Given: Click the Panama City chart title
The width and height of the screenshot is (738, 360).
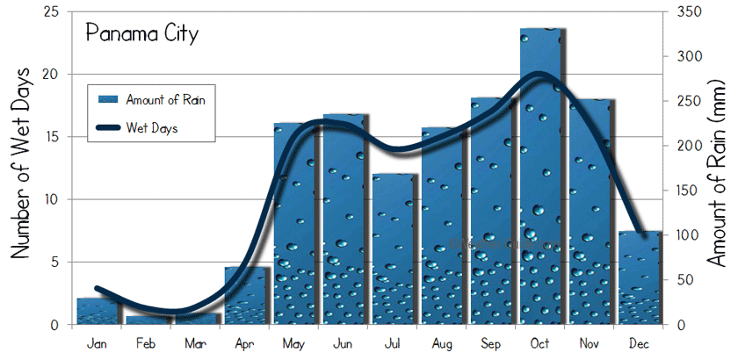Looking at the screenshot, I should [141, 34].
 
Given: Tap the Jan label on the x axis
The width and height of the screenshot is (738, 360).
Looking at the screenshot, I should [98, 342].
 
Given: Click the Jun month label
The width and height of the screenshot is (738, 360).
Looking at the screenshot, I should [344, 342].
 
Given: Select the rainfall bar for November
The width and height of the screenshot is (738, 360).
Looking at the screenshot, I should [590, 212].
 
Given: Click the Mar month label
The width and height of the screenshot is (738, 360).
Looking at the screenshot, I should [197, 342].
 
